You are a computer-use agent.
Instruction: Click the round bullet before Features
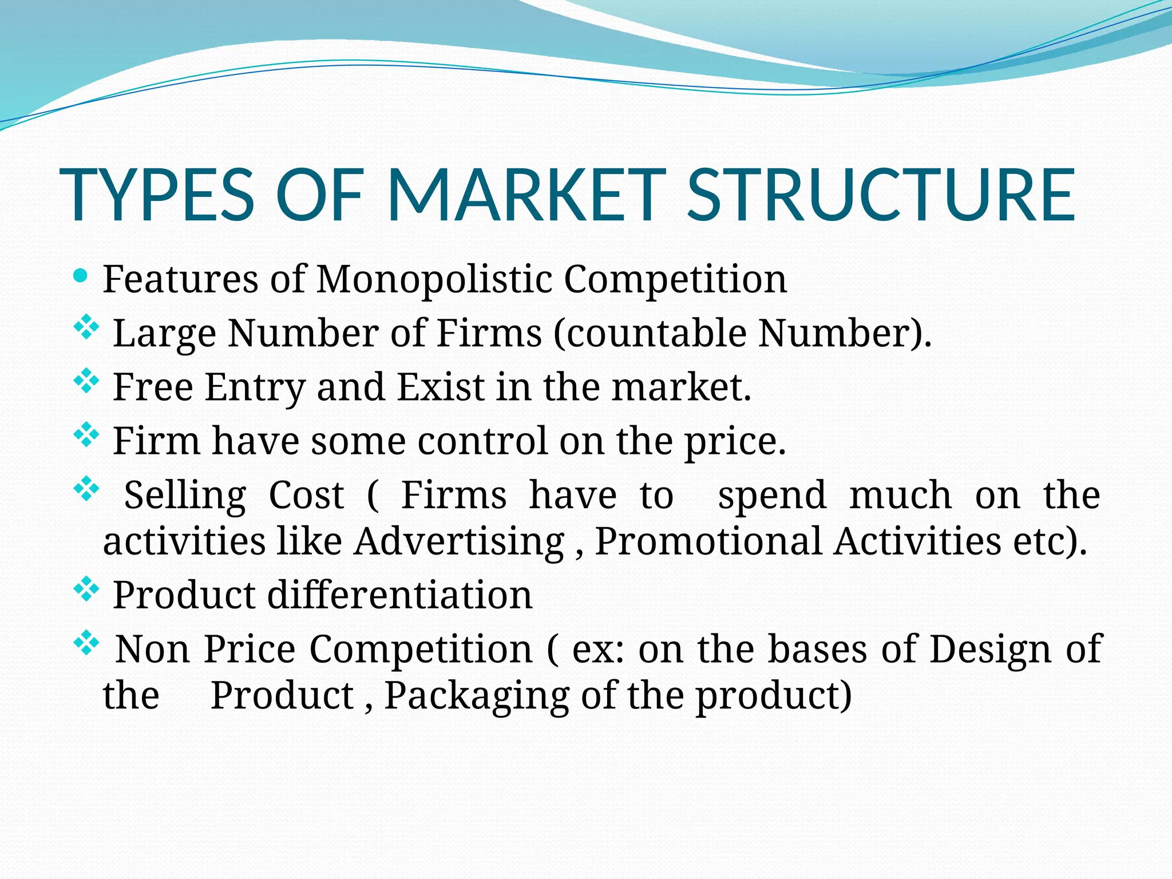click(81, 277)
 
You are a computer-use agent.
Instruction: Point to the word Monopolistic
click(434, 280)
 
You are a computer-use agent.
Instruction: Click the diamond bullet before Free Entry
click(86, 382)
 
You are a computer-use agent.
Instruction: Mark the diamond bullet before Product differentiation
click(86, 590)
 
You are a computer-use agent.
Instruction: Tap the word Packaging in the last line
click(477, 696)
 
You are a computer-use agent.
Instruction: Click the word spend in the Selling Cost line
click(772, 495)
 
